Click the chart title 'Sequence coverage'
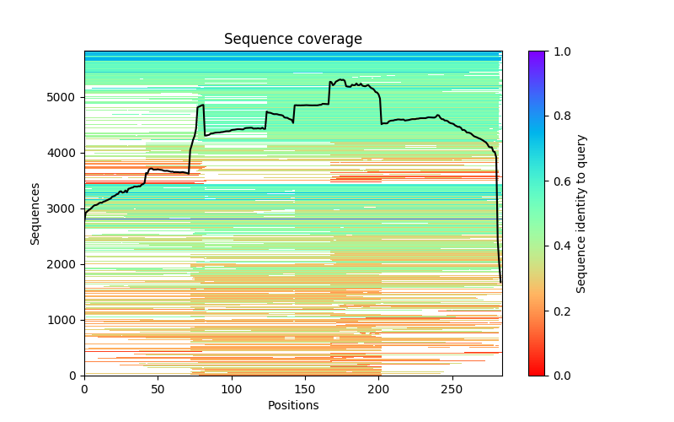tap(293, 39)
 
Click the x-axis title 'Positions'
tap(293, 405)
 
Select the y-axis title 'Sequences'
tap(35, 213)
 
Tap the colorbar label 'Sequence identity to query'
tap(581, 213)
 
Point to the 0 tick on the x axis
tap(84, 389)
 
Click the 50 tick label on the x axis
tap(158, 389)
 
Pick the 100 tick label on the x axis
tap(232, 389)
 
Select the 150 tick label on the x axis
tap(305, 389)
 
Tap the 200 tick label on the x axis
tap(379, 389)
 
